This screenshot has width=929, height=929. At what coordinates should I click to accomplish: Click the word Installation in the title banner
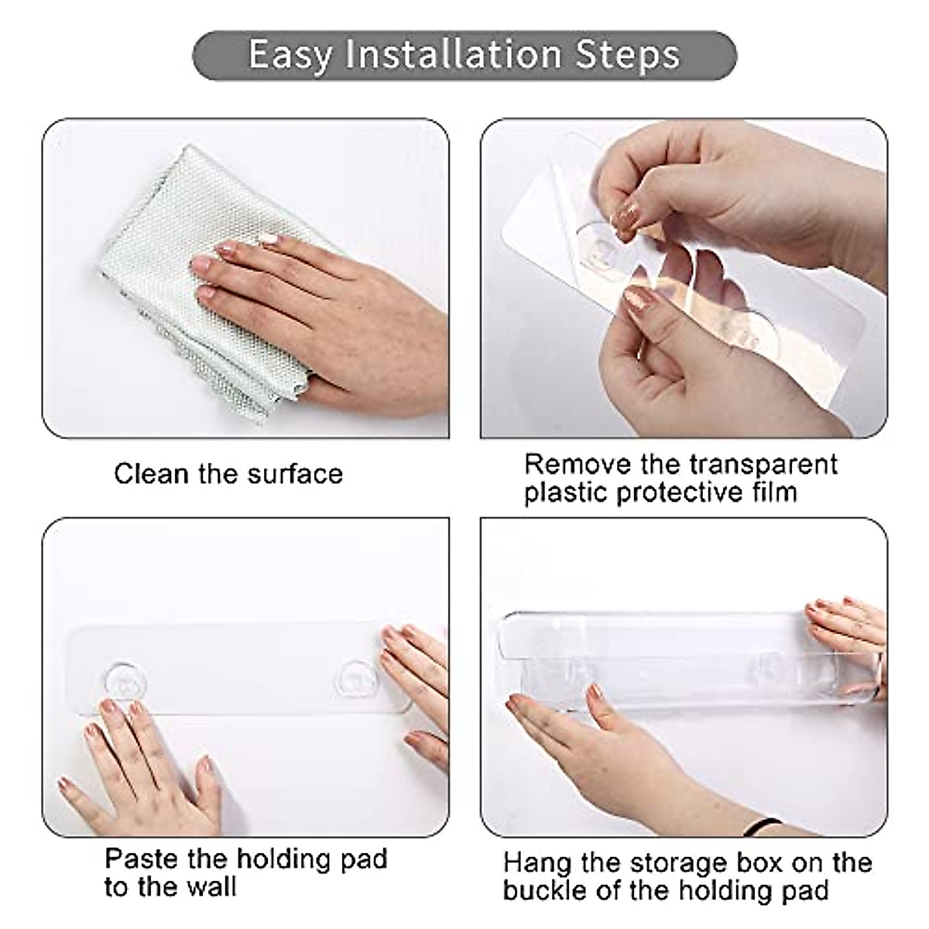pyautogui.click(x=454, y=55)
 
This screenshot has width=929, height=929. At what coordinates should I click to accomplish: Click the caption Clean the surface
pyautogui.click(x=228, y=474)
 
